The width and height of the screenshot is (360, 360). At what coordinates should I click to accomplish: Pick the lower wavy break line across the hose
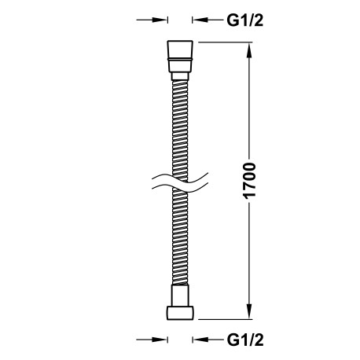click(x=179, y=188)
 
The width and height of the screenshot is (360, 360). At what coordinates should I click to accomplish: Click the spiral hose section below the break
click(x=180, y=244)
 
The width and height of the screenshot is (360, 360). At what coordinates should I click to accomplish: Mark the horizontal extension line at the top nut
click(x=224, y=41)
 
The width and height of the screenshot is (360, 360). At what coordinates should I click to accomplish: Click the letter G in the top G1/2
click(x=233, y=21)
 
